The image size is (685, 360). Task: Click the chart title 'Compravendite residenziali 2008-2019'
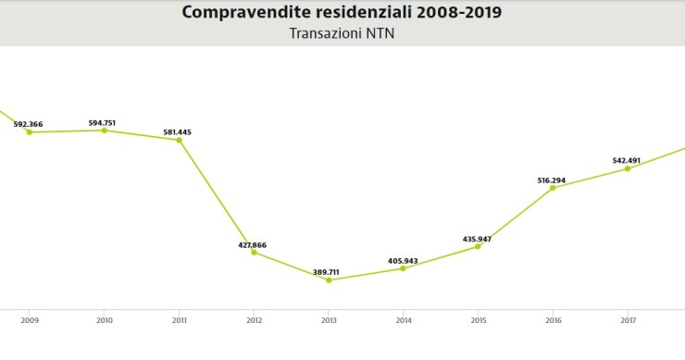342,12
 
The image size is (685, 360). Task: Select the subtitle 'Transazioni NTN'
342,34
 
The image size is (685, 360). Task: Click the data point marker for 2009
29,132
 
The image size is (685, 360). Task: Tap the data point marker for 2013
329,279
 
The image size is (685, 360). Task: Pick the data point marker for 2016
553,188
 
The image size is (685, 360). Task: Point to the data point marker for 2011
179,140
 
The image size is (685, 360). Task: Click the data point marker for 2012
254,253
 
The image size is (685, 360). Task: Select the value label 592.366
28,124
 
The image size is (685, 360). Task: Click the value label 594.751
101,122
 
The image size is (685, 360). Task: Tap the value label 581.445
177,132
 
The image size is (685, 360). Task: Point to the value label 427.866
252,245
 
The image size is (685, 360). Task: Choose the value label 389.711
325,272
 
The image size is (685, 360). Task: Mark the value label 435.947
477,239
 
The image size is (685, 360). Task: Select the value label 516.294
551,180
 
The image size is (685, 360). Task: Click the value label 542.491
627,160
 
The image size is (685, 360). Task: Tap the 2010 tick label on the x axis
104,321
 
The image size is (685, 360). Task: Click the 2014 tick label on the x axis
403,321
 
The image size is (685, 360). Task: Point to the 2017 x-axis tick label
627,321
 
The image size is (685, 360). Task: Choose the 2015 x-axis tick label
478,321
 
